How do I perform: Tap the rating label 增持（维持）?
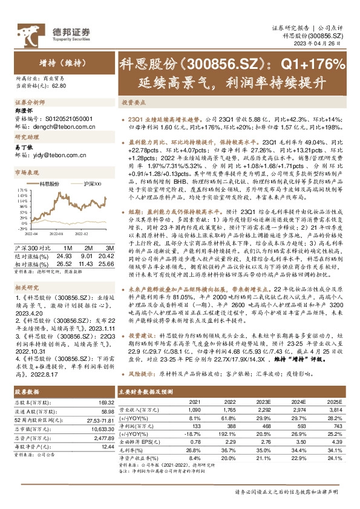click(61, 62)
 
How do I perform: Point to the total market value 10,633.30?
click(99, 412)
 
